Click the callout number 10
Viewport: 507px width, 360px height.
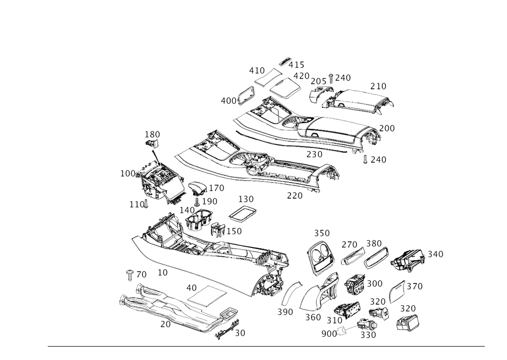[162, 272]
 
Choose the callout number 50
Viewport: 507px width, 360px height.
[240, 333]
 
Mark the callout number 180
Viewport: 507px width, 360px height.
[152, 134]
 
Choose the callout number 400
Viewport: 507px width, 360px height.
[228, 100]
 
